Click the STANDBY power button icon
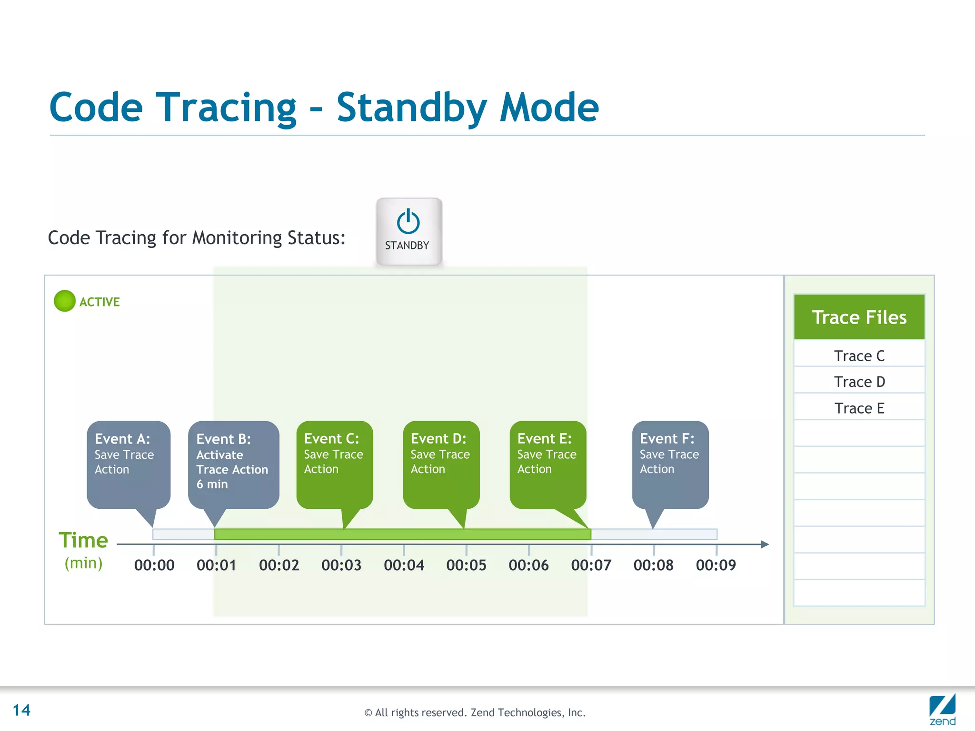(x=408, y=222)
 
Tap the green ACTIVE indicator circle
(x=65, y=301)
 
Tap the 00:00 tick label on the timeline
(x=154, y=565)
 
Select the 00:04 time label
(x=404, y=565)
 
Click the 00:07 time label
(x=591, y=565)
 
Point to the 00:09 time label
(x=716, y=565)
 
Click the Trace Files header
(x=859, y=317)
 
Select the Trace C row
(x=859, y=356)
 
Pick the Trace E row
(x=859, y=408)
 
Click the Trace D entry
(x=859, y=382)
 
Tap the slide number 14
(x=21, y=710)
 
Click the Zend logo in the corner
(x=942, y=709)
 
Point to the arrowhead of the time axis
(x=765, y=544)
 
